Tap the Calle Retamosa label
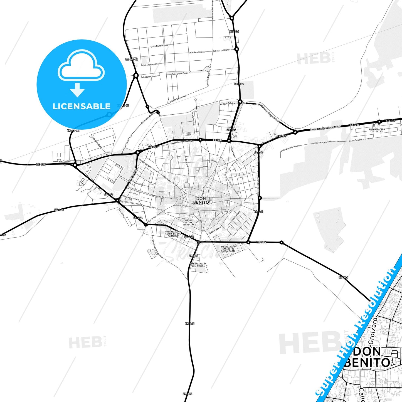[150, 65]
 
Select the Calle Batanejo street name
[150, 77]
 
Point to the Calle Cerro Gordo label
[180, 73]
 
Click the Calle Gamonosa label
[178, 98]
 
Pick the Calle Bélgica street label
[228, 103]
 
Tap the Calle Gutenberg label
[97, 142]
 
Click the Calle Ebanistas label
[64, 161]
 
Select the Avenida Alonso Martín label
[182, 142]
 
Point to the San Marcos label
[212, 161]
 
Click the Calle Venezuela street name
[130, 198]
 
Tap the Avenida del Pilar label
[158, 196]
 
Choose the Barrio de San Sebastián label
[188, 223]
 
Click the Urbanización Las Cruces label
[198, 265]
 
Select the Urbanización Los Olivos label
[377, 130]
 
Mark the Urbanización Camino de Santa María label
[228, 249]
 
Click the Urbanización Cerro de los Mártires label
[173, 234]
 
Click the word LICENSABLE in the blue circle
[82, 106]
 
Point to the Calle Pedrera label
[215, 230]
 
